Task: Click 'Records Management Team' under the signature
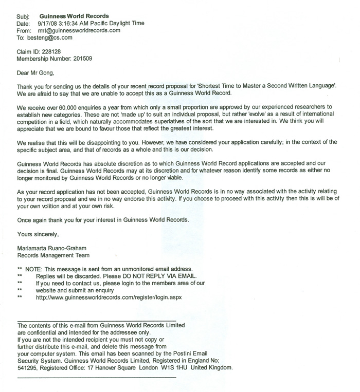click(x=53, y=255)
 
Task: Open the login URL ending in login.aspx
click(x=109, y=297)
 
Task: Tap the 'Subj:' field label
click(x=24, y=16)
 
